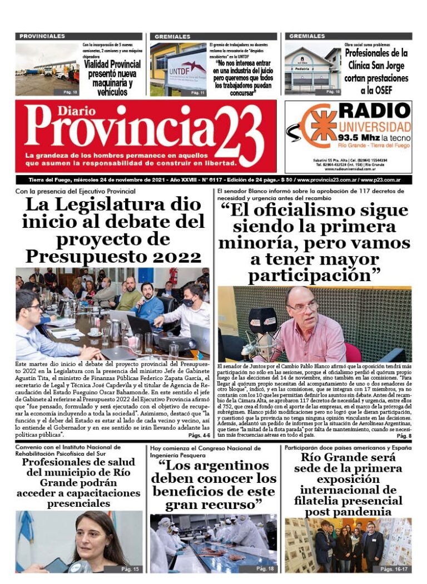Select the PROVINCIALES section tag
coord(42,36)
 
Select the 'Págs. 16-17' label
coord(394,568)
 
